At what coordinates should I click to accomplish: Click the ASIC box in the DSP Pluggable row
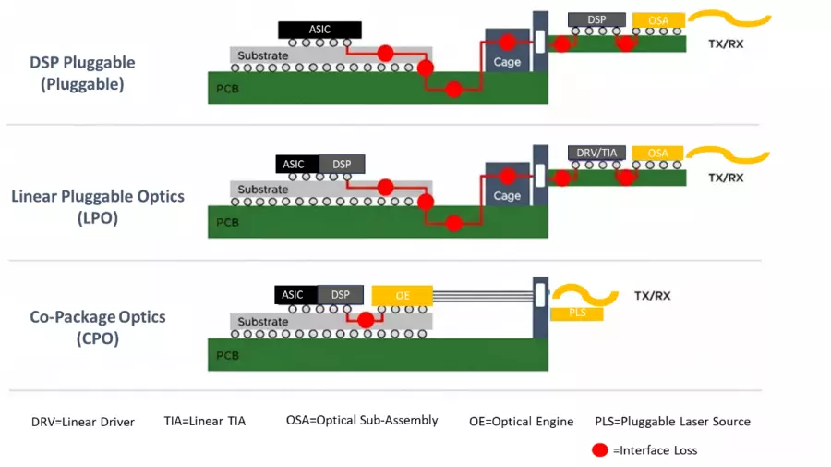pyautogui.click(x=319, y=30)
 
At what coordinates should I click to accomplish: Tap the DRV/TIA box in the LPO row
pyautogui.click(x=596, y=153)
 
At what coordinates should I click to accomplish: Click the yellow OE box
pyautogui.click(x=402, y=295)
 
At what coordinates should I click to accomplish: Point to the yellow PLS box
pyautogui.click(x=576, y=314)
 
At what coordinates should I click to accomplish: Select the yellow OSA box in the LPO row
pyautogui.click(x=658, y=153)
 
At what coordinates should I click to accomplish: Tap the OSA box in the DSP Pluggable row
pyautogui.click(x=658, y=19)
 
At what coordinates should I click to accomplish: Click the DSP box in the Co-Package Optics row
pyautogui.click(x=341, y=295)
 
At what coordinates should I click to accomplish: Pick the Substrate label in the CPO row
pyautogui.click(x=263, y=322)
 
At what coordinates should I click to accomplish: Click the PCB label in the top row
pyautogui.click(x=227, y=89)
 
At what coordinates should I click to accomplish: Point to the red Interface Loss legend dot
pyautogui.click(x=600, y=450)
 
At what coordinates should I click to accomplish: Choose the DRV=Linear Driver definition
pyautogui.click(x=83, y=422)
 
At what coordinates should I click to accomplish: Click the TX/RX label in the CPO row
pyautogui.click(x=652, y=296)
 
